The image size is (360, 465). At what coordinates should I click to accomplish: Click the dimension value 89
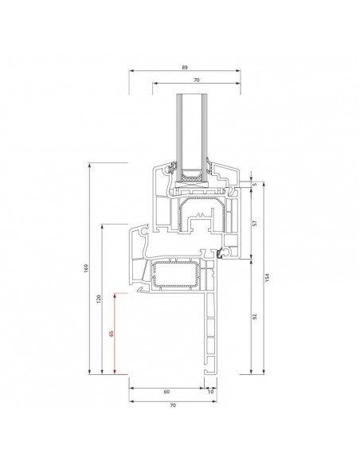point(185,68)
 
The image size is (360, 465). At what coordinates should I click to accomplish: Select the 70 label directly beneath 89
point(196,80)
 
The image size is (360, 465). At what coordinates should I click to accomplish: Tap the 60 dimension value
point(166,392)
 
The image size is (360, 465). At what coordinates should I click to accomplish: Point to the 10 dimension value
point(210,392)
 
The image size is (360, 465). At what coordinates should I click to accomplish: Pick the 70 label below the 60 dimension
point(173,405)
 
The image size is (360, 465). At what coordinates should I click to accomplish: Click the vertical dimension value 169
point(86,268)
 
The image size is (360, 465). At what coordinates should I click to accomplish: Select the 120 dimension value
point(99,299)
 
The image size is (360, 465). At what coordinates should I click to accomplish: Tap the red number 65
point(112,334)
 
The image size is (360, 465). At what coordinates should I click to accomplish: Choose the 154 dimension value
point(267,277)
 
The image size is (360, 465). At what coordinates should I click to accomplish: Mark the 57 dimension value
point(254,223)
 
